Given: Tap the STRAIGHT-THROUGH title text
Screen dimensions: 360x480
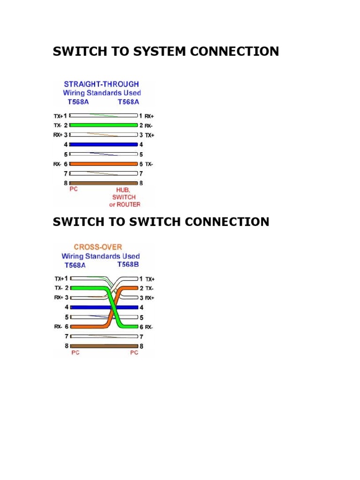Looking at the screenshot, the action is click(x=101, y=84).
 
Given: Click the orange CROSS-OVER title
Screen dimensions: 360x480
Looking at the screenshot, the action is click(x=98, y=247).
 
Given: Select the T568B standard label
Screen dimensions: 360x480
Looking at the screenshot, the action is click(x=128, y=264).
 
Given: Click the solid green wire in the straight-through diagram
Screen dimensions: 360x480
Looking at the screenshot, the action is click(x=104, y=125).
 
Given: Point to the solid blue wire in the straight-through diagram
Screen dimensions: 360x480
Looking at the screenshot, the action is click(x=104, y=144).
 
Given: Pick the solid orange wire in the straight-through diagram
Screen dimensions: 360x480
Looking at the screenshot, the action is click(x=104, y=164).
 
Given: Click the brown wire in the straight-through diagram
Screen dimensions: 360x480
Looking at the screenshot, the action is click(x=104, y=183).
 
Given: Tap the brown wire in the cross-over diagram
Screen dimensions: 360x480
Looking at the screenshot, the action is click(x=104, y=346).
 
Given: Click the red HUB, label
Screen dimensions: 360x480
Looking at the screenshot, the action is click(x=123, y=190).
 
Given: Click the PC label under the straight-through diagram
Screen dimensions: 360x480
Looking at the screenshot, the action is click(x=74, y=189).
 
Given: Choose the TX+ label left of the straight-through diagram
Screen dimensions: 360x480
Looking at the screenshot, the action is click(x=58, y=116).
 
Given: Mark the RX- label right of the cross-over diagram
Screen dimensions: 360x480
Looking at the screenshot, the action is click(x=149, y=327).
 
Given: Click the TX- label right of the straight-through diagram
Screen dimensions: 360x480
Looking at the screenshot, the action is click(x=149, y=165).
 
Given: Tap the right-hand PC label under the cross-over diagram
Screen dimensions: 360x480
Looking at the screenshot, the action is click(x=134, y=352).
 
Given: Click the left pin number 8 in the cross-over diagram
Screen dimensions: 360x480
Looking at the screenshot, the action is click(x=67, y=346).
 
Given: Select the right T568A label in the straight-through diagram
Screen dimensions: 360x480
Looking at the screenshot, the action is click(x=128, y=102).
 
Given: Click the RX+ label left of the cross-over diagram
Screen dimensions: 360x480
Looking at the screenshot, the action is click(x=59, y=298).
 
